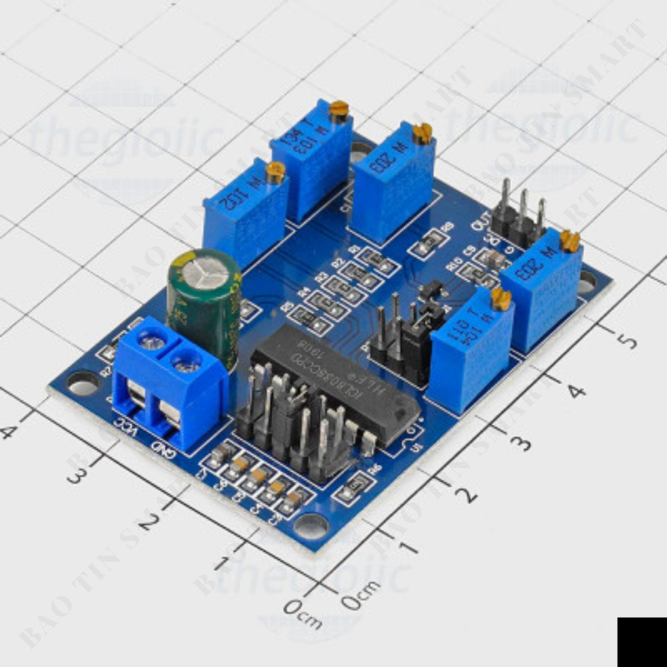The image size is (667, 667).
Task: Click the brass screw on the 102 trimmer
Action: (x=275, y=172)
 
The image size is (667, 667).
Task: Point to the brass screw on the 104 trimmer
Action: (x=501, y=299)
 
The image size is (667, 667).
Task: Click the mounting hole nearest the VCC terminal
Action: (x=82, y=384)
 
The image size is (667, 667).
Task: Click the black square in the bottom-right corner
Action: (x=642, y=642)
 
